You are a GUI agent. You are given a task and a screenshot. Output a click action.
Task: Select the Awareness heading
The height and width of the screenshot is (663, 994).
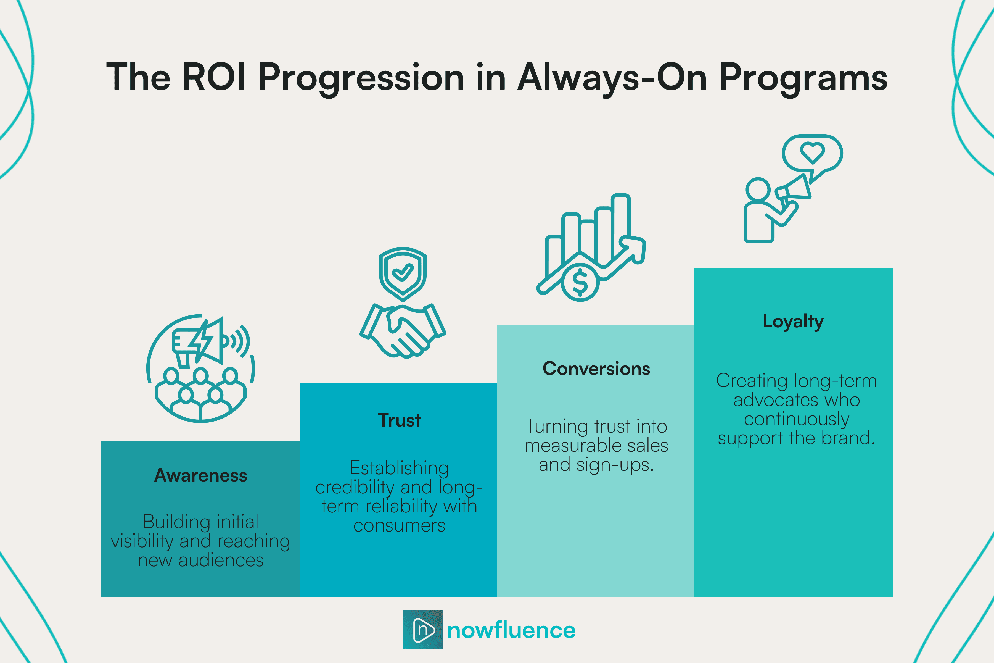[200, 475]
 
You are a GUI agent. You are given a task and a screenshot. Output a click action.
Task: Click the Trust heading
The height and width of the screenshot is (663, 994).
[399, 420]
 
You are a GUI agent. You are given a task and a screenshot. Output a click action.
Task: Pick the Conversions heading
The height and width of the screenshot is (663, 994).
[596, 369]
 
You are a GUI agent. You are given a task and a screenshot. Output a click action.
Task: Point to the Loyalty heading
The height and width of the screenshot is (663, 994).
[793, 321]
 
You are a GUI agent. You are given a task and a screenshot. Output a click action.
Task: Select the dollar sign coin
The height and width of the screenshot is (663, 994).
[580, 282]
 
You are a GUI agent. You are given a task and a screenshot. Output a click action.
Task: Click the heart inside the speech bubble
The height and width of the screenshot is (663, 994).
[812, 152]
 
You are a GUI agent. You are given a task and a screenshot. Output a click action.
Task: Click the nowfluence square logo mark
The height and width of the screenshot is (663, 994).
[422, 630]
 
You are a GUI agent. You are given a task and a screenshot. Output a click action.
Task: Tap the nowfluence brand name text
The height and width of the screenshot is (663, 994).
[511, 630]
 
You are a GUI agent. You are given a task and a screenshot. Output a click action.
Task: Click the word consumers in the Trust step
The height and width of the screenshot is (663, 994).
[399, 526]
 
